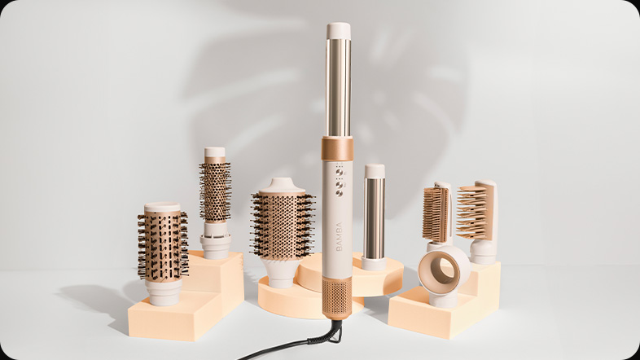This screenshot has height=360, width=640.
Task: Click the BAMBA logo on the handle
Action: tap(340, 237)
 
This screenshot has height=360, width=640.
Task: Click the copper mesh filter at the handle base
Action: tap(337, 297)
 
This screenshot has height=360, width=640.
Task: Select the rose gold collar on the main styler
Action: tap(337, 148)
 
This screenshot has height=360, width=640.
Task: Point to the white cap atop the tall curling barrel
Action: tap(339, 31)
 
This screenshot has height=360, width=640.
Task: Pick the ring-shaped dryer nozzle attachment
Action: tap(444, 271)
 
